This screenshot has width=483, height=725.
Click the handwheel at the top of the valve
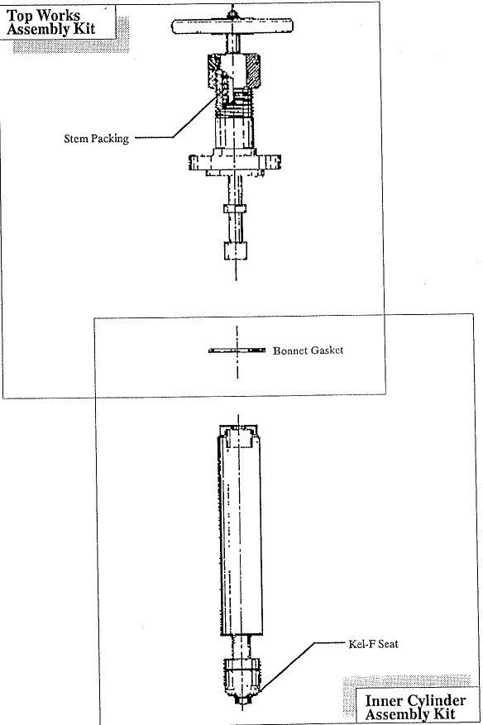(232, 26)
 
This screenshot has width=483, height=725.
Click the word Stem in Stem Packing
(75, 138)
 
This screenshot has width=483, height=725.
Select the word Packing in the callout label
(110, 139)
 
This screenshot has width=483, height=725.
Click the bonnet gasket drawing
(237, 351)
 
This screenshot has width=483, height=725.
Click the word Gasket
(327, 351)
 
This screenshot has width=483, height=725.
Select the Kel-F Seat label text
(373, 644)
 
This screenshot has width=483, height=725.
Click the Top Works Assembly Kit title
(50, 21)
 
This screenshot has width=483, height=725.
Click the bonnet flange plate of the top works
(235, 162)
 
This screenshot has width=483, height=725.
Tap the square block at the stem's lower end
(236, 250)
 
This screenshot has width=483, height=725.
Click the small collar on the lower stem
(235, 208)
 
